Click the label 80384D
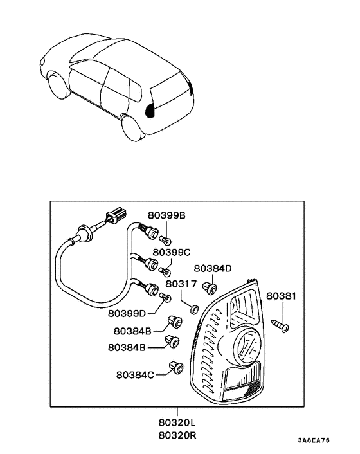[213, 268]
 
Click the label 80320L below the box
[178, 424]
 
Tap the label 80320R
[178, 435]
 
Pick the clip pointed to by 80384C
[175, 368]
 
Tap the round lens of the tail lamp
[244, 343]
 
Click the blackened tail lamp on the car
[152, 110]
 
